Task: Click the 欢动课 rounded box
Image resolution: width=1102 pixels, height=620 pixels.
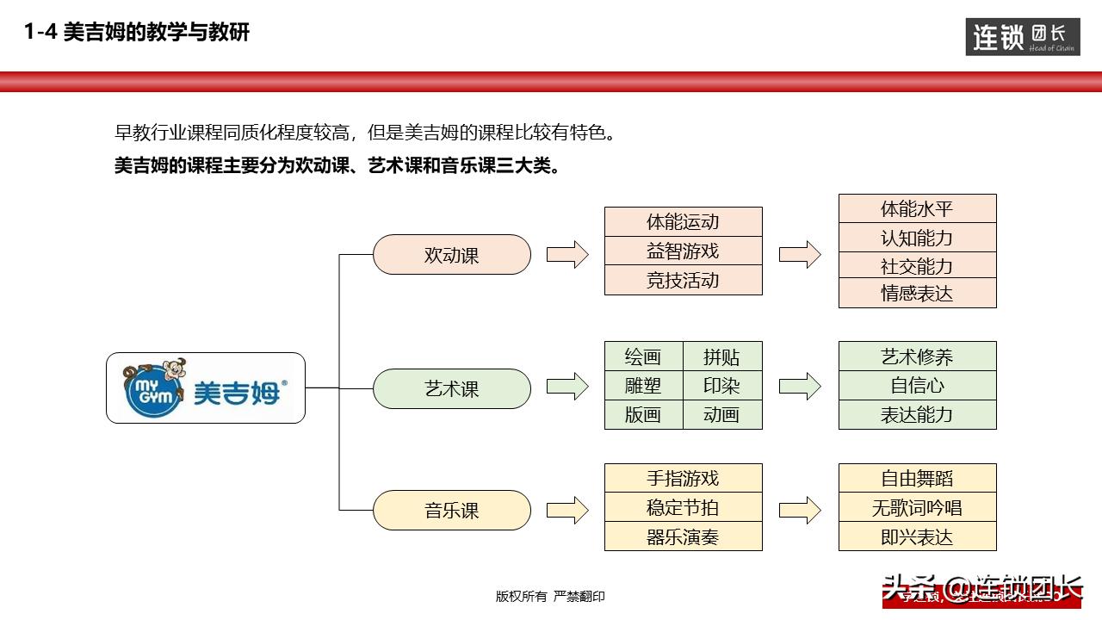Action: point(452,255)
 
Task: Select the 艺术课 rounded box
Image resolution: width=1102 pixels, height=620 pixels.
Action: point(452,389)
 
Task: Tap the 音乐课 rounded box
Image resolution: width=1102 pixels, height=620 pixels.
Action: point(452,511)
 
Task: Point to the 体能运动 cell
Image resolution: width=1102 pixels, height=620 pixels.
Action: point(683,222)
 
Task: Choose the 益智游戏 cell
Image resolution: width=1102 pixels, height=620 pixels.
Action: point(683,251)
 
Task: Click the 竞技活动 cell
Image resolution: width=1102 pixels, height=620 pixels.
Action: point(683,281)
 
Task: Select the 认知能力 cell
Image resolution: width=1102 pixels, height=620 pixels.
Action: point(917,238)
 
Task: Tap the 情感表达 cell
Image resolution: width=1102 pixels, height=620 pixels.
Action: point(917,294)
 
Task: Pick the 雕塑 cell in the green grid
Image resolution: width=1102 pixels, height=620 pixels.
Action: point(643,386)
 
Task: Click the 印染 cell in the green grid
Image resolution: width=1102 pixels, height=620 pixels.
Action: point(721,386)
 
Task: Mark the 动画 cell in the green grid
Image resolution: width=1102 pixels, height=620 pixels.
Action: point(721,415)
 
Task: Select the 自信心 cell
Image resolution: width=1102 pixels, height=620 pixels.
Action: point(917,386)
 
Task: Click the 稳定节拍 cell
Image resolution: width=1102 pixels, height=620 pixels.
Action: point(683,508)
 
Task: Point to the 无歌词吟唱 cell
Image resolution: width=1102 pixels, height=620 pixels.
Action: point(917,508)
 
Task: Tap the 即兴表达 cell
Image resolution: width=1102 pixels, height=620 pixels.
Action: point(917,537)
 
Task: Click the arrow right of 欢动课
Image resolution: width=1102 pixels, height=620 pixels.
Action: point(567,255)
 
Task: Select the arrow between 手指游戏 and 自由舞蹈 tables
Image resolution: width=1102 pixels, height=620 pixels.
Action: point(800,511)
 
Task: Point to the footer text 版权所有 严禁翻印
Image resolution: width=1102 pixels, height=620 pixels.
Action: point(550,596)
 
